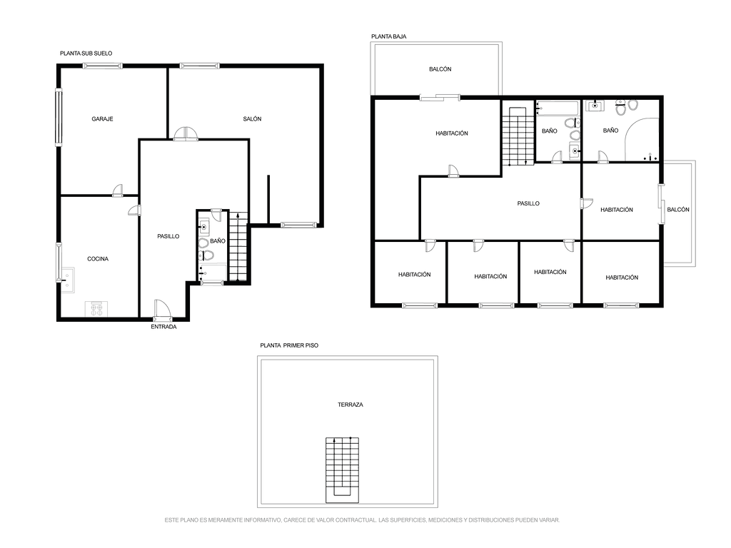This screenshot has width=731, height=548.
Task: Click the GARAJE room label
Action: [x=102, y=119]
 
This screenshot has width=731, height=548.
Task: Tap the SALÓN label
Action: [x=252, y=119]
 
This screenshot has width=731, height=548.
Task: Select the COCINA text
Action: [x=98, y=258]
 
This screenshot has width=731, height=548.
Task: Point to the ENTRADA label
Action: [x=163, y=327]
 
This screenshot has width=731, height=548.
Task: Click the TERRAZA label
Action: [x=350, y=405]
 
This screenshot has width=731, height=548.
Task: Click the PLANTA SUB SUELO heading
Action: [x=86, y=53]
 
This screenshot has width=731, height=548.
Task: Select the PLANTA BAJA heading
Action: [x=389, y=36]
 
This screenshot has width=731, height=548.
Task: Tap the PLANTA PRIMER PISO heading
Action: [x=289, y=345]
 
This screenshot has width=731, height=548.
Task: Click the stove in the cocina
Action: [x=96, y=309]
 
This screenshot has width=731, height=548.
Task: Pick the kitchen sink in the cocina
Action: [x=68, y=280]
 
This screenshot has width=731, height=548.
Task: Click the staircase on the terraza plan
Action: [x=342, y=470]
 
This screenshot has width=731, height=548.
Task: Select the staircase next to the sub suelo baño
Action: [x=238, y=246]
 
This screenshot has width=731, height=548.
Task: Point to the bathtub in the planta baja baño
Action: [x=558, y=108]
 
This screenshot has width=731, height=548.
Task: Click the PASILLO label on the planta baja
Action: [x=528, y=203]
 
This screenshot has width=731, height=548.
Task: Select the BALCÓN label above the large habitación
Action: [x=440, y=69]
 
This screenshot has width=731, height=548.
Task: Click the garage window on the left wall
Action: [x=59, y=117]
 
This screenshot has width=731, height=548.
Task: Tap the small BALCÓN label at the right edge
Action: [x=678, y=210]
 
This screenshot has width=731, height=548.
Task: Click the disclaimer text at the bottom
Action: [x=362, y=520]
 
